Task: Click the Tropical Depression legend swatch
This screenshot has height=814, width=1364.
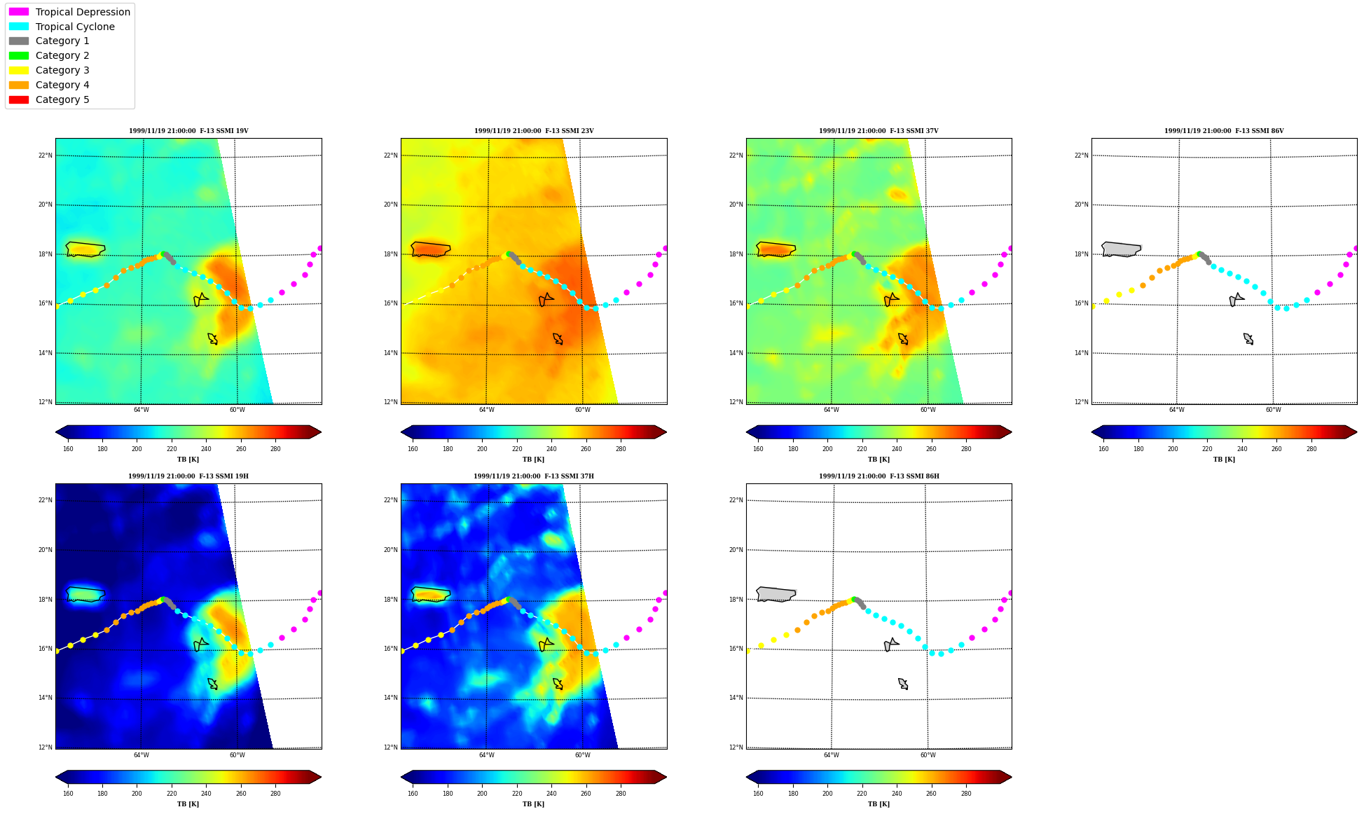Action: pyautogui.click(x=19, y=12)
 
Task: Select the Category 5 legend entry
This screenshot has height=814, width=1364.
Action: pyautogui.click(x=49, y=99)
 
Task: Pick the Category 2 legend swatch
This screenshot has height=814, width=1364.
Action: pyautogui.click(x=19, y=55)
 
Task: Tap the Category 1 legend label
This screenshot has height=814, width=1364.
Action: pyautogui.click(x=62, y=41)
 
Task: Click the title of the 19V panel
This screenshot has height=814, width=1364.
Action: pyautogui.click(x=188, y=131)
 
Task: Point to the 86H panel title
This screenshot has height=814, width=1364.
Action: pyautogui.click(x=879, y=476)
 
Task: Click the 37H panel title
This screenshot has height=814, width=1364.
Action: pyautogui.click(x=534, y=476)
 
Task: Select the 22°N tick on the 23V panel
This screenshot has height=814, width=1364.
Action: pyautogui.click(x=390, y=156)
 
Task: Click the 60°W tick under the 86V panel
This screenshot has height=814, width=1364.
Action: pyautogui.click(x=1273, y=410)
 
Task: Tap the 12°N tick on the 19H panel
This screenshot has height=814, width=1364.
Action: pyautogui.click(x=45, y=747)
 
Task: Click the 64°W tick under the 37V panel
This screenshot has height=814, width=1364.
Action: pyautogui.click(x=832, y=410)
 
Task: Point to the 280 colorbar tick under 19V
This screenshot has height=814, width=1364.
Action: pyautogui.click(x=275, y=449)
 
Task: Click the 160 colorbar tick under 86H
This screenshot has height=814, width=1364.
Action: pyautogui.click(x=758, y=794)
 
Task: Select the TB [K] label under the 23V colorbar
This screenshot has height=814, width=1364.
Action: pyautogui.click(x=533, y=460)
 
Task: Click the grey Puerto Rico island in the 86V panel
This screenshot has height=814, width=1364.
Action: pyautogui.click(x=1121, y=249)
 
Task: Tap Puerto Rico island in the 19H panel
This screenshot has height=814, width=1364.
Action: pyautogui.click(x=85, y=595)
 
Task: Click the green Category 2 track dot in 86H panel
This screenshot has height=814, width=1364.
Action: pyautogui.click(x=854, y=600)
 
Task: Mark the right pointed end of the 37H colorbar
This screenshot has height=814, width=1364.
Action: pyautogui.click(x=666, y=777)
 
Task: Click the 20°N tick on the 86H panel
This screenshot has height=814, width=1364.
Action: pyautogui.click(x=736, y=550)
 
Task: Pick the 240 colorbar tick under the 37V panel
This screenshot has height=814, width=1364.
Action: pyautogui.click(x=897, y=449)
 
